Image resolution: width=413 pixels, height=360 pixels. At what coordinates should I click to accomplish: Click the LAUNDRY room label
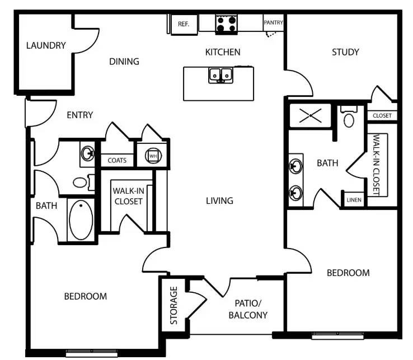coord(46,46)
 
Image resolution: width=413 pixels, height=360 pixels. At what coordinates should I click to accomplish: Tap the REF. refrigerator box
coord(184,24)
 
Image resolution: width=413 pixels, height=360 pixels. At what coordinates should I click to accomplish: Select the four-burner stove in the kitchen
coord(227,24)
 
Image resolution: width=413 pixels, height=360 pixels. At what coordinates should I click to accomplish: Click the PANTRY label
coord(273,23)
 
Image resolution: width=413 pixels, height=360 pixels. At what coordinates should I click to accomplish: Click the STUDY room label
coord(345,52)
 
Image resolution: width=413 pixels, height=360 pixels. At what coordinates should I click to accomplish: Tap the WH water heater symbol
coord(153,156)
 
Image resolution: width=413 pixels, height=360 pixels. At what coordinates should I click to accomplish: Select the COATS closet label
coord(117,161)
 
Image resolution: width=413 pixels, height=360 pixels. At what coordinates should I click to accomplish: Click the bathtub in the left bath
coord(81,220)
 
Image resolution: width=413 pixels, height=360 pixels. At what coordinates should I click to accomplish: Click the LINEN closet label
coord(354,200)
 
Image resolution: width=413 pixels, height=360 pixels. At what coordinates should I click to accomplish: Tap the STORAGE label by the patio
coord(173,306)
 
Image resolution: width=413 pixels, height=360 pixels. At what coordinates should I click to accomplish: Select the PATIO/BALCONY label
coord(248,309)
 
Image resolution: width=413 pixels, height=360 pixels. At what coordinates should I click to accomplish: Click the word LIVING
coord(219,200)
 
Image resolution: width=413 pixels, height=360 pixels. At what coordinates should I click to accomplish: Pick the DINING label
coord(124,62)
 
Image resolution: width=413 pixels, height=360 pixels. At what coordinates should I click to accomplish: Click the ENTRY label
coord(79,115)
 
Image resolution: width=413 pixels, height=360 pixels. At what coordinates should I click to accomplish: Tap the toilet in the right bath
coord(349,119)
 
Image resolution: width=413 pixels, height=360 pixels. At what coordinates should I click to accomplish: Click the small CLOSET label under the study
coord(382,116)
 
